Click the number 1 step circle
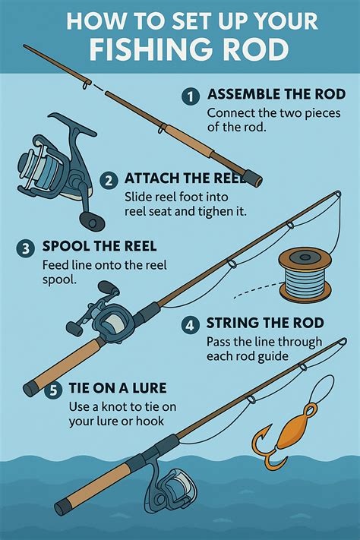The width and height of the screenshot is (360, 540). point(190,96)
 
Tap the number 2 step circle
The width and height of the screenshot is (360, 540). point(109,181)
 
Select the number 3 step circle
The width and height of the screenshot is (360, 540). point(26,248)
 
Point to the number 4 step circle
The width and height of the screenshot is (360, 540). point(190,325)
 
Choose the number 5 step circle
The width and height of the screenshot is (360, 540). point(53,390)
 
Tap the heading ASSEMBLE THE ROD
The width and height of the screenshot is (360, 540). point(276,94)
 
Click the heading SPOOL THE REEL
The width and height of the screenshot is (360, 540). point(99,246)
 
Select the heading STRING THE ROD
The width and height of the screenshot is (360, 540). point(265,323)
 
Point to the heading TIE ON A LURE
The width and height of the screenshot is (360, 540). point(118,388)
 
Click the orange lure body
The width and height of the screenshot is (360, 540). point(293,428)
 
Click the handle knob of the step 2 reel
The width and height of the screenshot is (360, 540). point(92,221)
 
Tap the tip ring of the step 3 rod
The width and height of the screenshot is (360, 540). point(338,194)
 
